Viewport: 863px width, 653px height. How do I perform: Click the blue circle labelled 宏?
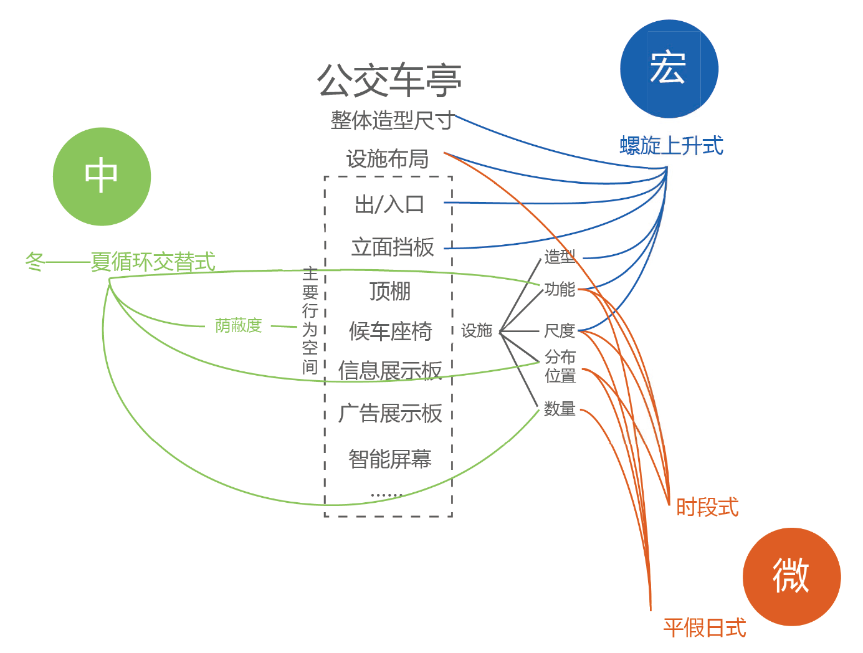point(669,69)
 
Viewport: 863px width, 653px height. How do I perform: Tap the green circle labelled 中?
point(102,176)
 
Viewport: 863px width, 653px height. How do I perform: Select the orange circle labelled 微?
point(791,576)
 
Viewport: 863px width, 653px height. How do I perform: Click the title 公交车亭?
point(389,81)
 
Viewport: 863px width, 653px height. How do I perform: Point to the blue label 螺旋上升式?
point(671,146)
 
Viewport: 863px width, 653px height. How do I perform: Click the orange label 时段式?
point(707,507)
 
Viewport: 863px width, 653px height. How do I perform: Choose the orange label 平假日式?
point(704,627)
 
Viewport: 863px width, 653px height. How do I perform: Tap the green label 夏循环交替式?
point(153,262)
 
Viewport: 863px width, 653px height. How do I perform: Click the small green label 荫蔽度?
point(238,325)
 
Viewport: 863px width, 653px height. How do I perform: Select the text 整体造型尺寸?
point(391,120)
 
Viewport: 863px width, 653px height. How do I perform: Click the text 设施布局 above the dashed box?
point(387,160)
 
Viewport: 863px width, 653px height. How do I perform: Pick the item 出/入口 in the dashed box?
point(389,204)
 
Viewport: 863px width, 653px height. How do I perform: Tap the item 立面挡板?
point(393,247)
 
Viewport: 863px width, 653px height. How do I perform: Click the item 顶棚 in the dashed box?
point(389,291)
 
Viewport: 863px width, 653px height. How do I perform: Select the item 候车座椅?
point(390,331)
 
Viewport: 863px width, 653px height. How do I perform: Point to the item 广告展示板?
point(390,413)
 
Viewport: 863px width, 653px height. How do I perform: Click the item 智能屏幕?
point(389,460)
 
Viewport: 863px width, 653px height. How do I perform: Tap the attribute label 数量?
point(559,409)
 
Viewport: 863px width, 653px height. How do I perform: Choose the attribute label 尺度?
point(559,330)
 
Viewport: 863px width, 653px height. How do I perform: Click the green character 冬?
point(34,262)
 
